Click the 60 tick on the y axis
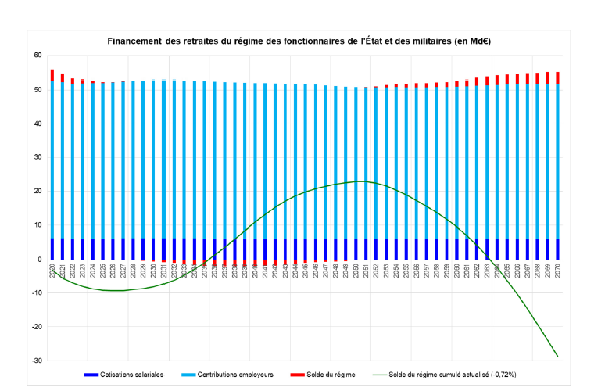pos(37,56)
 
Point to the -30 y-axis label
pos(36,361)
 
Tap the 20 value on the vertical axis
pos(37,192)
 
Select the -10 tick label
pos(36,293)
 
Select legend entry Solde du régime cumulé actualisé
pos(454,375)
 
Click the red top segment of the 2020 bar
pos(52,75)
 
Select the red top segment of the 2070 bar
pos(557,77)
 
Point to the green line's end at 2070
pos(557,356)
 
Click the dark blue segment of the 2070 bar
pos(557,249)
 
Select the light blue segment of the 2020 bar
pos(52,156)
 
